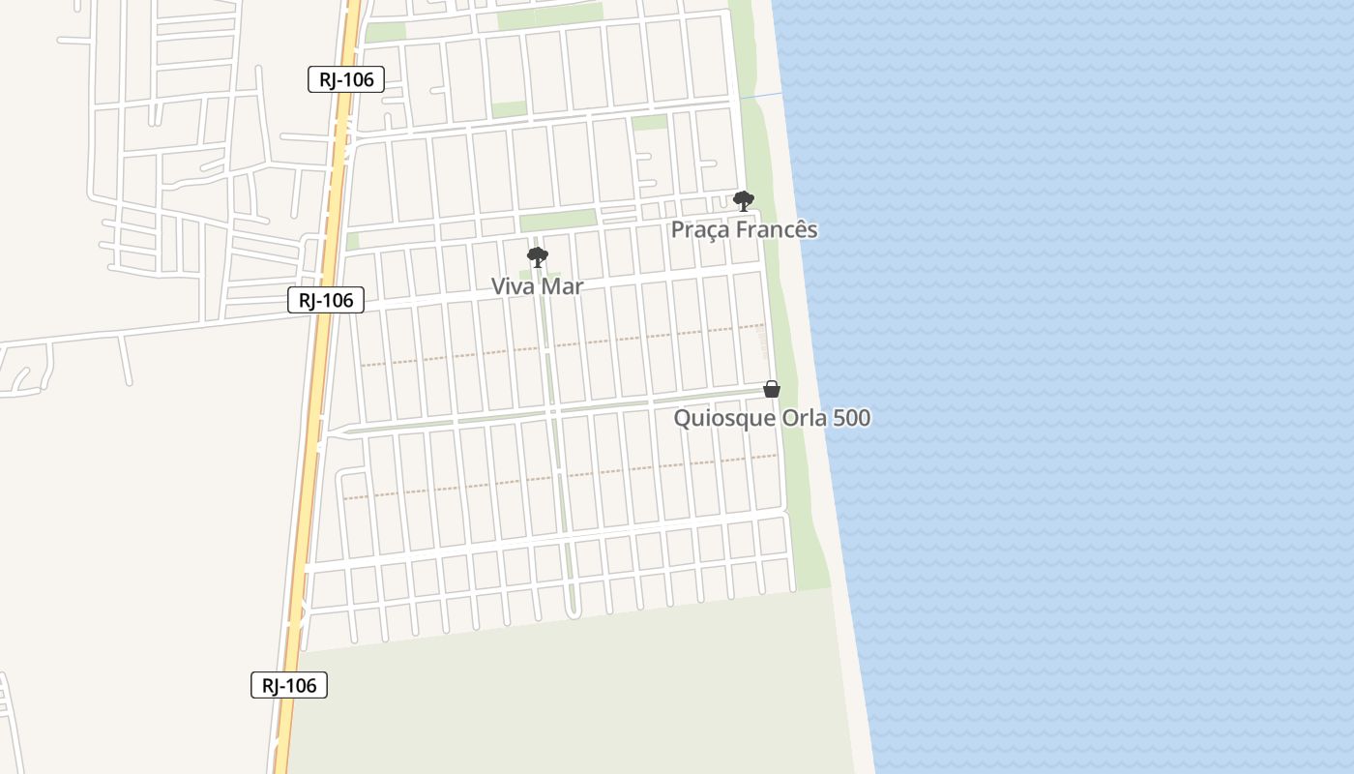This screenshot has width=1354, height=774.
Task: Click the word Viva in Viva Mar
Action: tap(511, 286)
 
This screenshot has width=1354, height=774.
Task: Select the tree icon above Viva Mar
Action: tap(538, 257)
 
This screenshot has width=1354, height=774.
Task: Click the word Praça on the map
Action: tap(701, 230)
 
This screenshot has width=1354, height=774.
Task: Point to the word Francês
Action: tap(777, 230)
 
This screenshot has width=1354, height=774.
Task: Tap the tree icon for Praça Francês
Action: tap(743, 200)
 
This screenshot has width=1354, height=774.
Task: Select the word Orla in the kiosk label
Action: tap(806, 418)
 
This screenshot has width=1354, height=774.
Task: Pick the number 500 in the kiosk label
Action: tap(853, 418)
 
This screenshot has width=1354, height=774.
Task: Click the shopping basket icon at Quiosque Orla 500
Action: tap(772, 389)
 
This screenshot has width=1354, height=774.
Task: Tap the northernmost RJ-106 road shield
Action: tap(346, 79)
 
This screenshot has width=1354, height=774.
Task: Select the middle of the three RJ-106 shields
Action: tap(326, 300)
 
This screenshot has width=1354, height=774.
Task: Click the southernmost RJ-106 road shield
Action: tap(289, 685)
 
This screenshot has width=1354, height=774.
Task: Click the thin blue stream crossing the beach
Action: tap(762, 96)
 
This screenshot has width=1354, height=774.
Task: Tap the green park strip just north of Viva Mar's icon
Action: tap(558, 220)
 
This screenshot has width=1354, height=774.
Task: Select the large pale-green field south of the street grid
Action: tap(580, 697)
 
